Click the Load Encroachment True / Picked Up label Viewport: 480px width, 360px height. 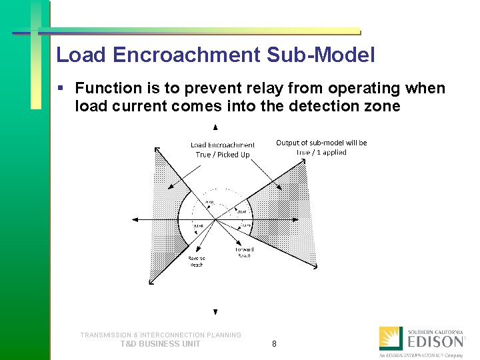[x=222, y=149]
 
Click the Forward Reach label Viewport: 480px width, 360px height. [x=244, y=253]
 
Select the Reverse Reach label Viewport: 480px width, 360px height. [x=196, y=261]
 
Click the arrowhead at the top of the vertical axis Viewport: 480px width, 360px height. [x=215, y=127]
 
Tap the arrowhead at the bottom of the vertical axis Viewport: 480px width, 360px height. [x=215, y=311]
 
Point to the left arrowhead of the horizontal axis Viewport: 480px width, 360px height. [x=135, y=219]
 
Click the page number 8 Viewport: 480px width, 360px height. [x=274, y=344]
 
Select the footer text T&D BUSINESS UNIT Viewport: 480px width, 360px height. [x=160, y=344]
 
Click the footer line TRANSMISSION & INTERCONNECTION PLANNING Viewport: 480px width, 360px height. [x=161, y=335]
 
